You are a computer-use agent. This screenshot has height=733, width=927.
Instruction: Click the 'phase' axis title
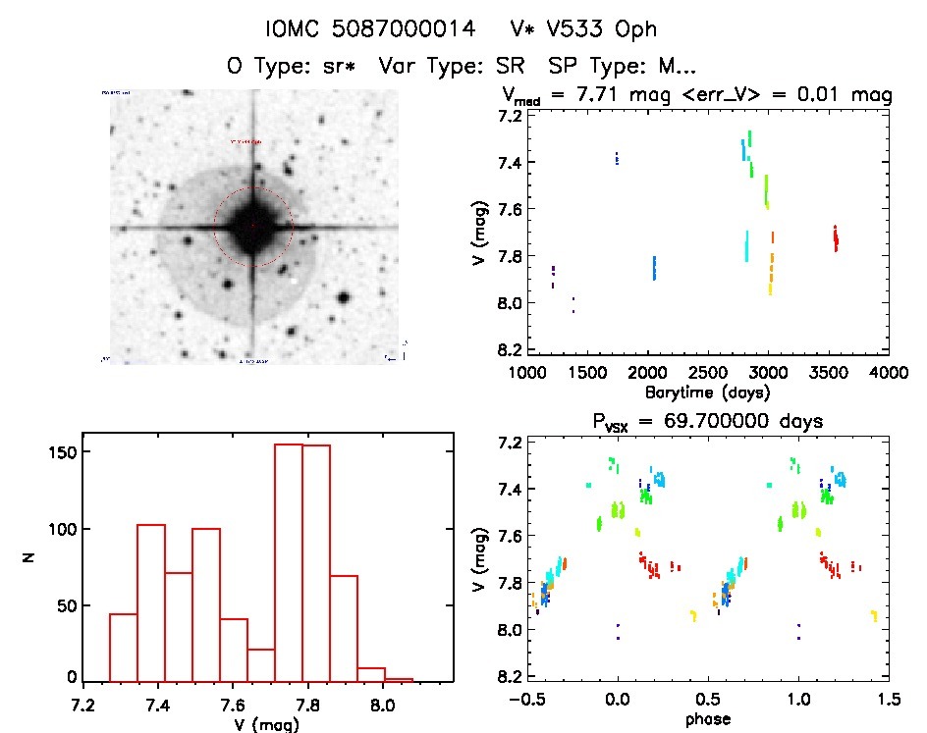click(x=707, y=722)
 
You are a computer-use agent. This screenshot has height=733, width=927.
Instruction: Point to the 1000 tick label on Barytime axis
click(x=526, y=373)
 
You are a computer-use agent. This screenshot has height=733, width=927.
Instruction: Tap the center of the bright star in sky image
click(x=253, y=227)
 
